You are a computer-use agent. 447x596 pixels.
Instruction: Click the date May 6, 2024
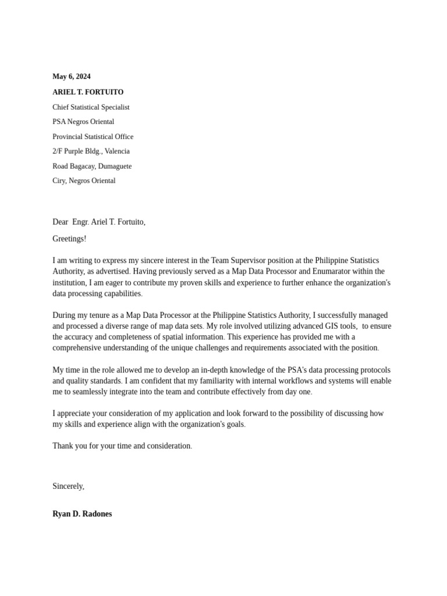(72, 77)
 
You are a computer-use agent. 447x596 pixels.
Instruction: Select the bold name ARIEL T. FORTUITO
(88, 92)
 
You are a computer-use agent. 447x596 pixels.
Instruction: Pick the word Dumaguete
(115, 166)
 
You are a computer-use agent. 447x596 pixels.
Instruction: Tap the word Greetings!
(69, 239)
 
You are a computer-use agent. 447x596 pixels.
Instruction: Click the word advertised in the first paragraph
(111, 271)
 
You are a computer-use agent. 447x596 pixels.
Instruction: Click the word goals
(235, 424)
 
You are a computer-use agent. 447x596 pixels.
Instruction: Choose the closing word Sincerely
(68, 486)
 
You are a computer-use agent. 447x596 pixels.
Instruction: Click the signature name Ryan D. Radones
(82, 514)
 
